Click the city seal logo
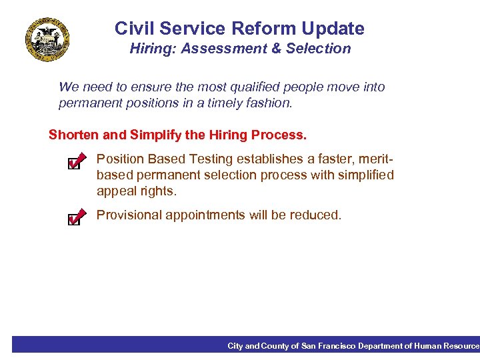[x=47, y=39]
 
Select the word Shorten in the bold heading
[x=73, y=135]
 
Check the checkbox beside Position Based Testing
[x=76, y=162]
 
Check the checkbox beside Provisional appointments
[x=76, y=217]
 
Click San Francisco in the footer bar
[x=329, y=346]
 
